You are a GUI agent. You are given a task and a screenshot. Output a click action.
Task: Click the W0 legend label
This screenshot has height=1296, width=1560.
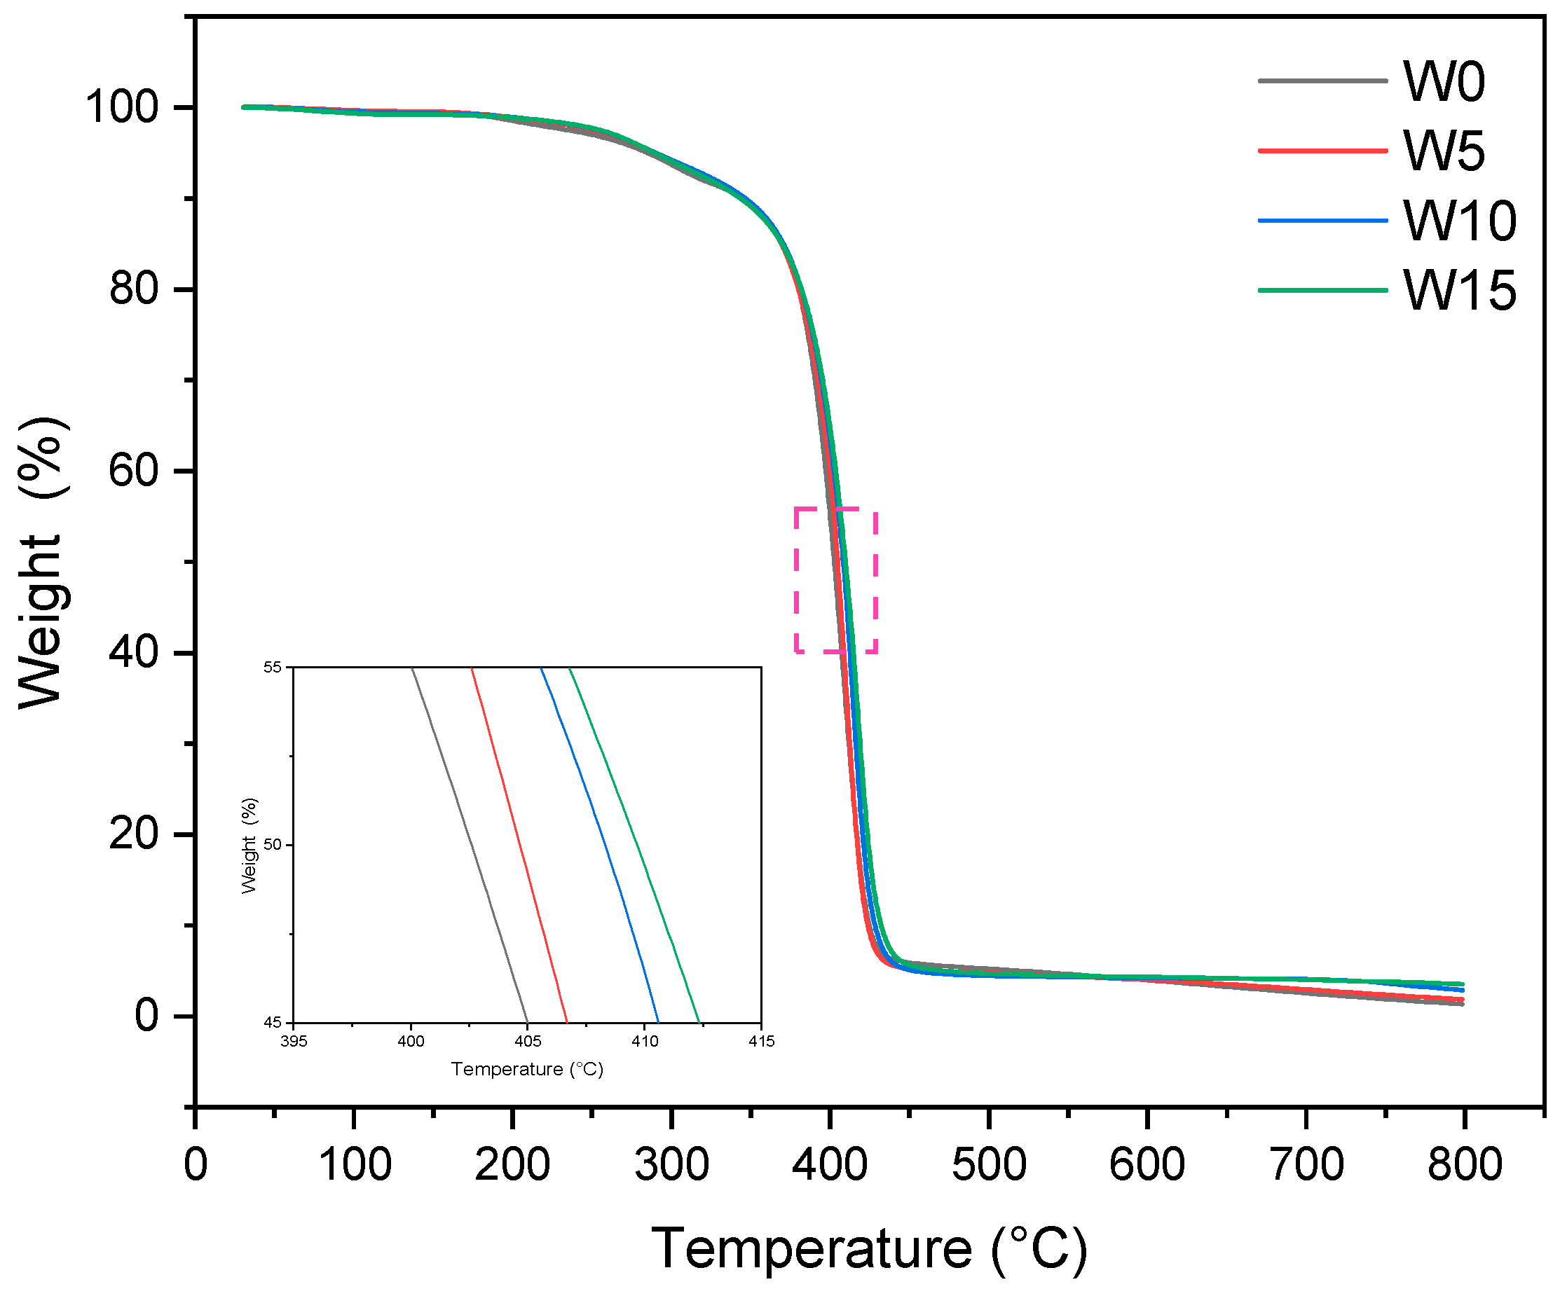(1444, 82)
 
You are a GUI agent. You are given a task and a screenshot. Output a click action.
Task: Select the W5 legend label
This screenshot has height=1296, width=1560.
(1444, 151)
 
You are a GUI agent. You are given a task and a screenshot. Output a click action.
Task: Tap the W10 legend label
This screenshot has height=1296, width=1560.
(1460, 221)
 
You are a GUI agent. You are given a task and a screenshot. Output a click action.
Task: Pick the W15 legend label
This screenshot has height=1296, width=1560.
(1460, 291)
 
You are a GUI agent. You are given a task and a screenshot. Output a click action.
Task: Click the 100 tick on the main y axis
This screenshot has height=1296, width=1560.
(123, 107)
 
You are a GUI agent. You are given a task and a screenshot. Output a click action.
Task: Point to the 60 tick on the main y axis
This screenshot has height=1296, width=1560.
(134, 471)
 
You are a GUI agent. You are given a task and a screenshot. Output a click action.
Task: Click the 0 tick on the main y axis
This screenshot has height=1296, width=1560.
(146, 1016)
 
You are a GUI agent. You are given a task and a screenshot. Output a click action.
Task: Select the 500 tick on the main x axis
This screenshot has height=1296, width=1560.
(989, 1164)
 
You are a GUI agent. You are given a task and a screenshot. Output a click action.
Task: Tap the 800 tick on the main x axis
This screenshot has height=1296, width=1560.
(1464, 1164)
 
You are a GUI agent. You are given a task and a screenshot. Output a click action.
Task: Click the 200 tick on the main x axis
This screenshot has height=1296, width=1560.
(512, 1164)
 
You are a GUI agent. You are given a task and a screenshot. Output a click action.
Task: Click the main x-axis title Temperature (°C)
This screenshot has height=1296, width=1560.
(869, 1249)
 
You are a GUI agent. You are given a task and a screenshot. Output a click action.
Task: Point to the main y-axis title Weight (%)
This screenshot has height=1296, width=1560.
(43, 563)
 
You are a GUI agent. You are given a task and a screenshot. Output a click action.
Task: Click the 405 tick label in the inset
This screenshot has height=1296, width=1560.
(528, 1041)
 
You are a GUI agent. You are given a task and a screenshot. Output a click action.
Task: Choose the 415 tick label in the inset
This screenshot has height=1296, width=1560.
(761, 1041)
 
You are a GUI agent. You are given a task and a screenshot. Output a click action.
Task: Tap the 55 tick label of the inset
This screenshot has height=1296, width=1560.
(273, 667)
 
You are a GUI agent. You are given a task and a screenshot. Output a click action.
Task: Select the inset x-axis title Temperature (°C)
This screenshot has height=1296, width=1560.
(527, 1070)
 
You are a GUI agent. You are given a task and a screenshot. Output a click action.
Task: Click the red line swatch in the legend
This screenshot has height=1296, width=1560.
(1322, 151)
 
